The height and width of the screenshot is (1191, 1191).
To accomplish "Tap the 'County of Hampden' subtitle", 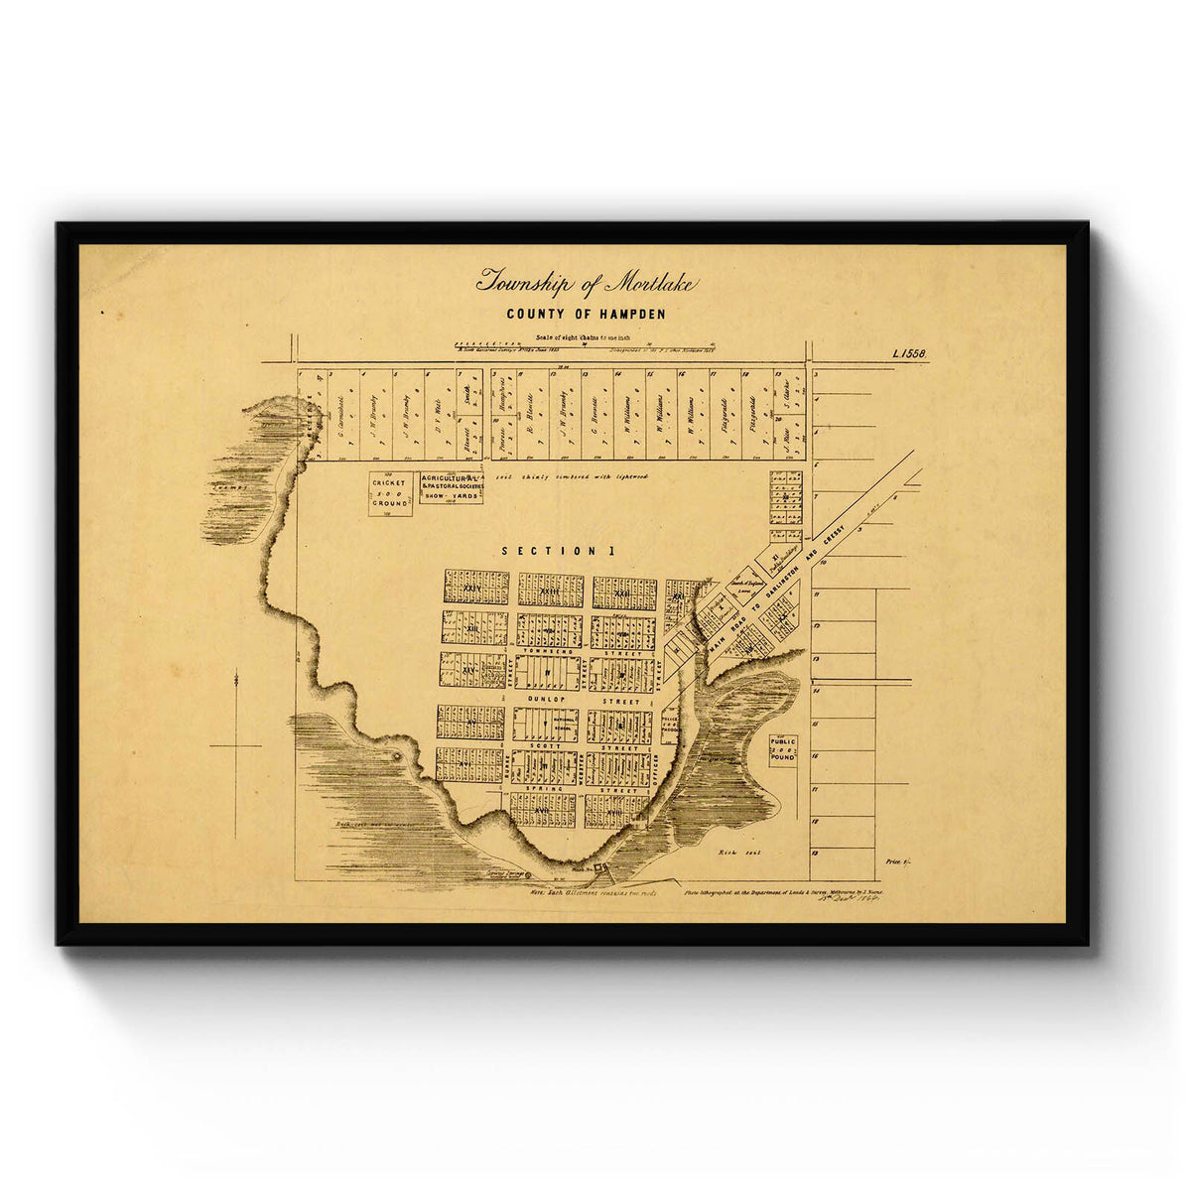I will coord(586,315).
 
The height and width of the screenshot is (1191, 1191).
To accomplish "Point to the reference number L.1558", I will coord(909,353).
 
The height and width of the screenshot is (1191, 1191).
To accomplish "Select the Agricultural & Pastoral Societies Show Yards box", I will coord(452,487).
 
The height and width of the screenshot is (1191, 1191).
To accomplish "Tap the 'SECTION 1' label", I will coord(551,551).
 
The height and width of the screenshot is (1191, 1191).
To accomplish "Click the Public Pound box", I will coord(783,749).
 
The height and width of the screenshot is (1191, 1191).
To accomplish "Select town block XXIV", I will coord(475,588).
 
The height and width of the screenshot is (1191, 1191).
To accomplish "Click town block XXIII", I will coord(550,591).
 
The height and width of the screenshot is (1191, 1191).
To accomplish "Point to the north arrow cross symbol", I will coord(236,744).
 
